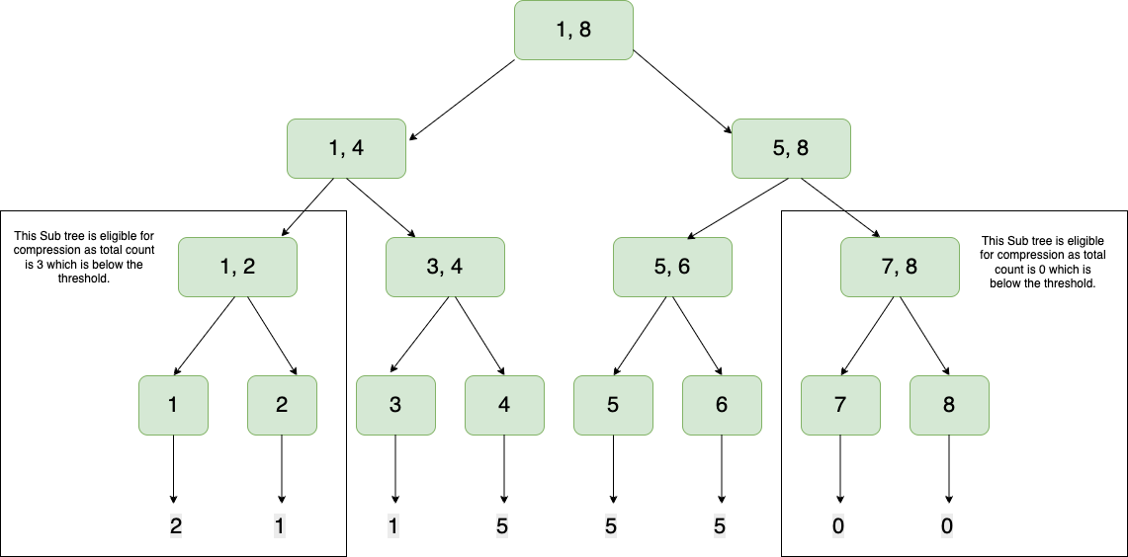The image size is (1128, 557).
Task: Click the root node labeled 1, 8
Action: click(x=573, y=30)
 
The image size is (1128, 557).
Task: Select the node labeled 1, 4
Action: click(x=346, y=148)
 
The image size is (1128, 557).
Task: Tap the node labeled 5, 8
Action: click(x=791, y=148)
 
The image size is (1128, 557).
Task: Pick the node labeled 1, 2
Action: click(x=237, y=267)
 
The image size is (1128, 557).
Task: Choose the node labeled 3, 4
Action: click(x=445, y=267)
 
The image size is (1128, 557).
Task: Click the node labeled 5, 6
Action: click(x=672, y=267)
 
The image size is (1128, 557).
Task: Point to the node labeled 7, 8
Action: click(x=900, y=267)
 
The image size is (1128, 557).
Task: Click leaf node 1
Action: click(x=174, y=405)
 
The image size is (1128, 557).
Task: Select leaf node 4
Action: click(x=504, y=405)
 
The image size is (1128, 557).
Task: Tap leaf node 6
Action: click(x=722, y=405)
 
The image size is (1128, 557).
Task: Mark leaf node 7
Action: click(x=840, y=405)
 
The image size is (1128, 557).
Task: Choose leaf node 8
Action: click(x=949, y=405)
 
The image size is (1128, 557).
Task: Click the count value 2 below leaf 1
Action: click(x=175, y=526)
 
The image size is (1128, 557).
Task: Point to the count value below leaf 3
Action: click(x=394, y=526)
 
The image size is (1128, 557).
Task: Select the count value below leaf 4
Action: click(x=503, y=526)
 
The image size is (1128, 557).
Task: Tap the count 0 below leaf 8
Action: click(x=947, y=526)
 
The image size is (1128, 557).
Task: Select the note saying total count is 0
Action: click(x=1039, y=262)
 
